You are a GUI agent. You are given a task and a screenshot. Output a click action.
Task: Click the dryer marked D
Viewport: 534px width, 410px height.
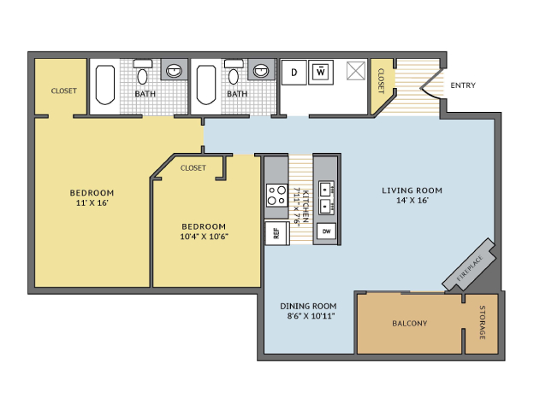(294, 73)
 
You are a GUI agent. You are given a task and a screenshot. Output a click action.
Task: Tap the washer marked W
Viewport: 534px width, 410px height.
(321, 73)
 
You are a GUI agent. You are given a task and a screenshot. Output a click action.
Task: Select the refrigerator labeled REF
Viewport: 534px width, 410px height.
(277, 233)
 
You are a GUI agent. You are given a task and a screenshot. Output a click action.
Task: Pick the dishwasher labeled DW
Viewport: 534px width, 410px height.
(326, 231)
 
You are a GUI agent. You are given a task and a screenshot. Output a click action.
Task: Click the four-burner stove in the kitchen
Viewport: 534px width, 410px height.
(277, 195)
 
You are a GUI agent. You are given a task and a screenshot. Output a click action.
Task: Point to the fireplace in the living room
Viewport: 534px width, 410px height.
(469, 264)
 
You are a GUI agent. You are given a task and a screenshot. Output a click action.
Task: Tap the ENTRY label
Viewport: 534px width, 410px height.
(463, 85)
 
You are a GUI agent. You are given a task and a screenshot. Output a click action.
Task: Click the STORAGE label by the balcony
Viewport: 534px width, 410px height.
(483, 322)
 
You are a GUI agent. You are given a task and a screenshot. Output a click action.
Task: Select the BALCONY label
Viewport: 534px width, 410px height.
(410, 324)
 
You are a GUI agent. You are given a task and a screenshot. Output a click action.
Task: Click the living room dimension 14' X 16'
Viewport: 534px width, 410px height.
(412, 201)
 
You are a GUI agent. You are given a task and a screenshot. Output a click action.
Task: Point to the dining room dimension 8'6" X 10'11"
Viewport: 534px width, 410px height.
(311, 316)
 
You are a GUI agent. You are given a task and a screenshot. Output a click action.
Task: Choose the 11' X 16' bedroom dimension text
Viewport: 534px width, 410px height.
(92, 203)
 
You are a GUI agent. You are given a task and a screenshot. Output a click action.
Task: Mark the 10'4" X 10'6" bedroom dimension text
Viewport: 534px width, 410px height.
(204, 237)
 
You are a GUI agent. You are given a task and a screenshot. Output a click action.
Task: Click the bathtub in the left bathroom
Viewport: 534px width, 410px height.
(105, 85)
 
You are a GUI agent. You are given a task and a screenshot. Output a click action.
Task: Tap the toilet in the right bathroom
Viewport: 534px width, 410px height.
(234, 73)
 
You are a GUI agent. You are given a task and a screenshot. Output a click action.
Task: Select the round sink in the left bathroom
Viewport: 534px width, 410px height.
(174, 71)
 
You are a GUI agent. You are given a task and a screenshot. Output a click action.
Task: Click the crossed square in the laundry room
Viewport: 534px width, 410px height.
(356, 71)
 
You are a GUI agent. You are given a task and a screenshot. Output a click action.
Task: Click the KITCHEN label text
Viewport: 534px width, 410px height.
(306, 206)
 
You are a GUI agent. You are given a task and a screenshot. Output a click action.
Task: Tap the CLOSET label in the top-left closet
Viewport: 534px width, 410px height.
(64, 91)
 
